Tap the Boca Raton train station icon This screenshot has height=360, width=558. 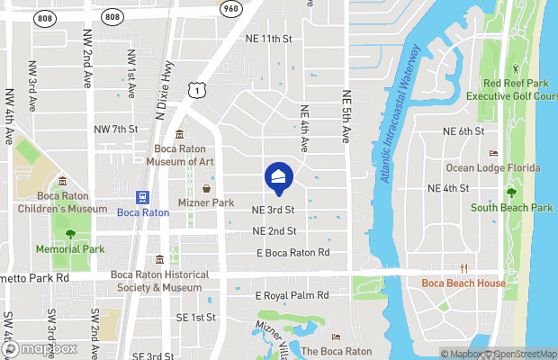pos(142,198)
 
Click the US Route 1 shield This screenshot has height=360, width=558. pos(195,88)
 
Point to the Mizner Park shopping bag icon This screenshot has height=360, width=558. pos(207,189)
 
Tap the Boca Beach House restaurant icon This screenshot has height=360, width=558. pos(464,268)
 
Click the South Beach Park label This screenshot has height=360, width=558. pos(511,208)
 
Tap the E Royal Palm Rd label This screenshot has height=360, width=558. pos(292,295)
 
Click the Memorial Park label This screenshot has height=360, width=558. pos(70,249)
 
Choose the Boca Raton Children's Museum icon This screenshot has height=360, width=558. pos(63,182)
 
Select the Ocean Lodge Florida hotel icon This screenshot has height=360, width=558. pos(493,154)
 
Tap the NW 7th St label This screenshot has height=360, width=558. pos(116,130)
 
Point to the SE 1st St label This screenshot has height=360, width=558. pos(196,318)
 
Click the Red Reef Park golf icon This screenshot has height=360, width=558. pos(516,68)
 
